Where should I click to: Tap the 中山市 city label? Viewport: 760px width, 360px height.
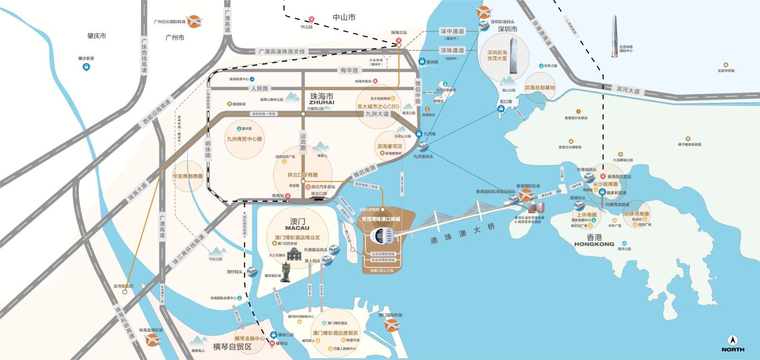tap(344, 18)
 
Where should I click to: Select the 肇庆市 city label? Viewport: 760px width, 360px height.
tap(96, 36)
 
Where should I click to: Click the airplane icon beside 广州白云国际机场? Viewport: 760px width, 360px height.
tap(194, 21)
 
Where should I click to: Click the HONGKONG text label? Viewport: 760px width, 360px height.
tap(594, 244)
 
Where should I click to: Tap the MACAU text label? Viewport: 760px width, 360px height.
tap(297, 228)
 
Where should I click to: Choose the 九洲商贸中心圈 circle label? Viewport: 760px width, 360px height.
tap(244, 139)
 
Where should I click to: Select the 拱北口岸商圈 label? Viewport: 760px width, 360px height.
tap(303, 175)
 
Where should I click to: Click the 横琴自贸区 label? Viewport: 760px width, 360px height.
tap(232, 347)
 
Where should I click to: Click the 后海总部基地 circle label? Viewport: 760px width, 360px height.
tap(540, 88)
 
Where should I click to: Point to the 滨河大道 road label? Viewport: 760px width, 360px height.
tap(628, 90)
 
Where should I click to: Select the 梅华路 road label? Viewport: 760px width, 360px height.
tap(349, 70)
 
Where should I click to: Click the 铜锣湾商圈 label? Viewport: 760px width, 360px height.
tap(636, 214)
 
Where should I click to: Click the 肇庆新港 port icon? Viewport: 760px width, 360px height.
tap(86, 67)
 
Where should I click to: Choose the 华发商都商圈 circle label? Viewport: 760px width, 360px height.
tap(188, 176)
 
